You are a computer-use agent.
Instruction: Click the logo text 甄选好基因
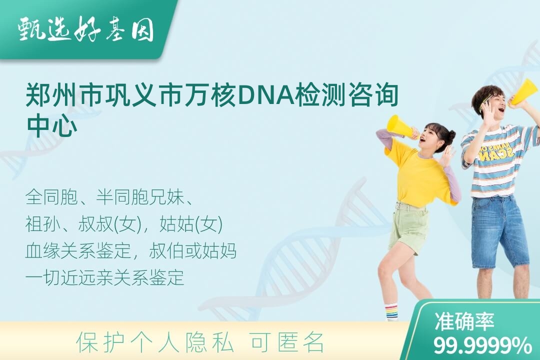[x=86, y=29]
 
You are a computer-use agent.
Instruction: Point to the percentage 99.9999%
[x=482, y=345]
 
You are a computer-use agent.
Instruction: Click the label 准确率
[x=464, y=321]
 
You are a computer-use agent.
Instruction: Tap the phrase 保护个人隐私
[x=155, y=342]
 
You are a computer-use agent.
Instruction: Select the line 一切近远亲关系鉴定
[x=105, y=277]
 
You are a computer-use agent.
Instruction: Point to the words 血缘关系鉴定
[x=78, y=250]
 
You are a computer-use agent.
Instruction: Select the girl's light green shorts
[x=409, y=227]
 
